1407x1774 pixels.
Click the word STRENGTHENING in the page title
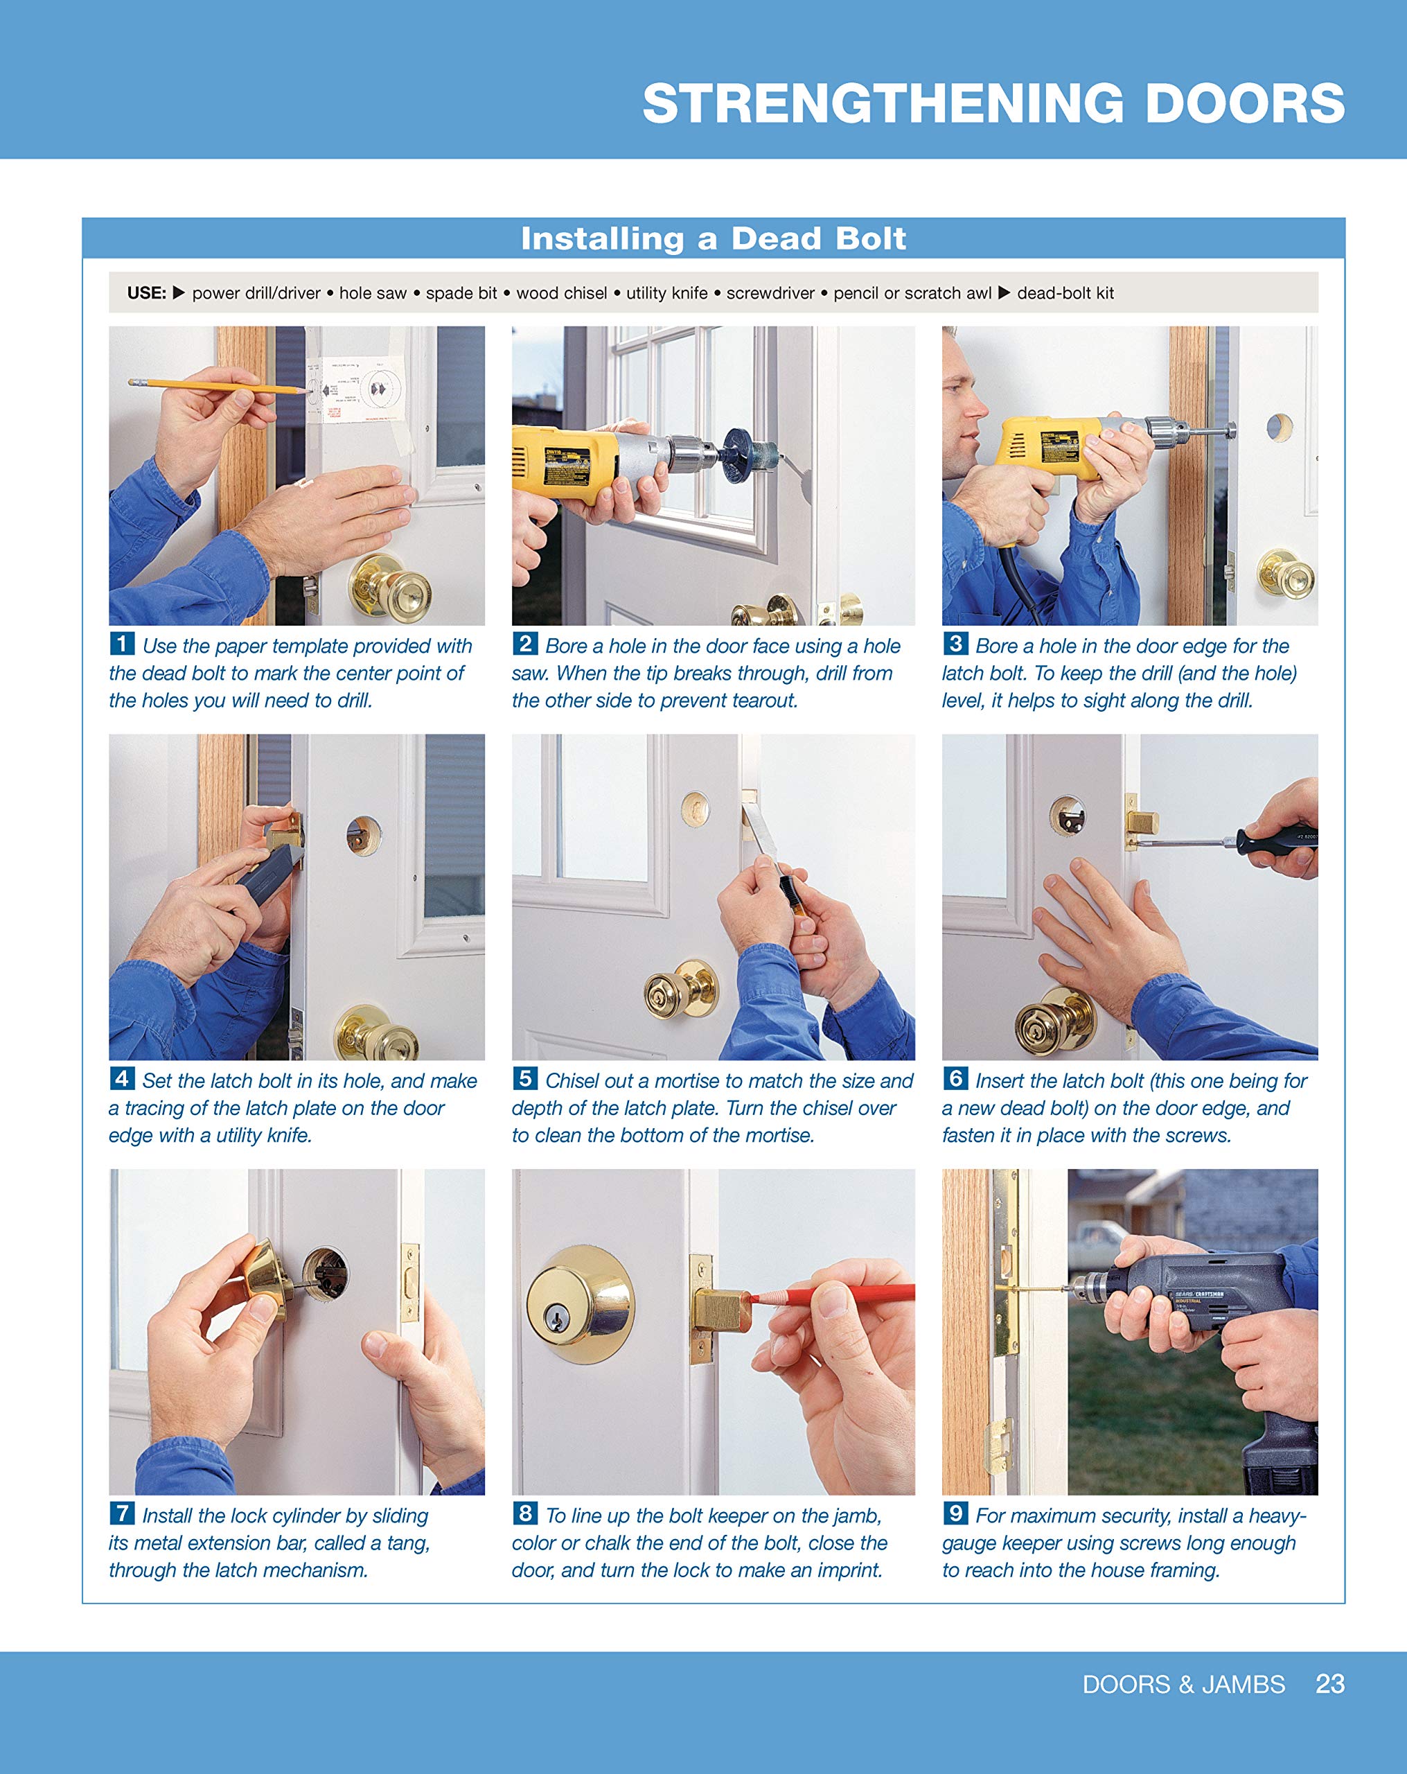[883, 105]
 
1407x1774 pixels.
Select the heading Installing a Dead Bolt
[713, 238]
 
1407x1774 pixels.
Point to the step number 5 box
[525, 1078]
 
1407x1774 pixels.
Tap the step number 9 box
[955, 1512]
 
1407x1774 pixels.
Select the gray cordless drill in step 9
[1201, 1292]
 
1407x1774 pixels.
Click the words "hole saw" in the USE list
[373, 294]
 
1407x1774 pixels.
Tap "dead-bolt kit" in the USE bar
[1065, 294]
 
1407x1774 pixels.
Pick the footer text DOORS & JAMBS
[1183, 1685]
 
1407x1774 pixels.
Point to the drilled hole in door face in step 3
[1279, 427]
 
